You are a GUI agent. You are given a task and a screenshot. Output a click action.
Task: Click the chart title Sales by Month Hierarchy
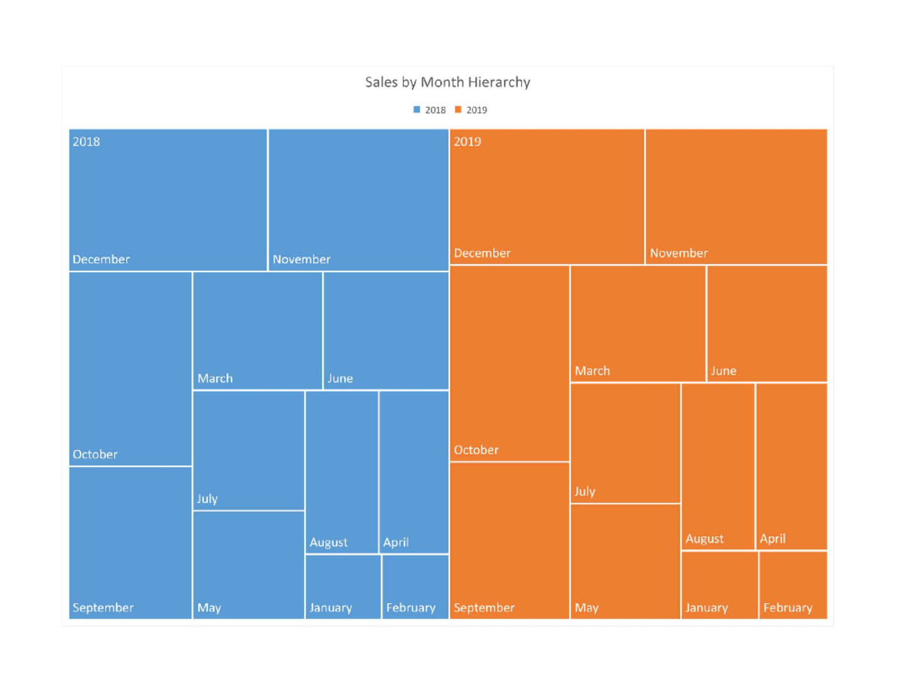[447, 82]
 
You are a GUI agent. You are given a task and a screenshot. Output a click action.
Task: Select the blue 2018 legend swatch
[417, 110]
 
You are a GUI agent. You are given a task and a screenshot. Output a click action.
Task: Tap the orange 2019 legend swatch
[458, 110]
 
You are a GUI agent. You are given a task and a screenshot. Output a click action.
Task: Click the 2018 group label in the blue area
[86, 141]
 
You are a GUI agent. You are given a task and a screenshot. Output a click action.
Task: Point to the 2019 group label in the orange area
[467, 141]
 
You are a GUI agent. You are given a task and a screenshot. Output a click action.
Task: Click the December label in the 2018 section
[101, 259]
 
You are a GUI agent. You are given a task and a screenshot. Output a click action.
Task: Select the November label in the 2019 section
[679, 253]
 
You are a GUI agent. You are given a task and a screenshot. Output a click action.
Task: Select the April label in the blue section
[395, 542]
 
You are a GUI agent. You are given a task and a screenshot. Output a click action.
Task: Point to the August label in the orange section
[704, 538]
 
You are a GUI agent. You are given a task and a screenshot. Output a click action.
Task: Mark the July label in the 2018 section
[207, 499]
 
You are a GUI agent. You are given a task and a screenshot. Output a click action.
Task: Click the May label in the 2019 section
[586, 608]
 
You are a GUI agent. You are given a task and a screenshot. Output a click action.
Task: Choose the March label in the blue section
[215, 378]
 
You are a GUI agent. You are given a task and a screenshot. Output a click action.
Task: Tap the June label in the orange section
[723, 371]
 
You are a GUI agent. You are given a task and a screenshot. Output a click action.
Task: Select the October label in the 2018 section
[95, 454]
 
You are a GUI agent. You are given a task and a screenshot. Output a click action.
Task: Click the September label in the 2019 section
[484, 608]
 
